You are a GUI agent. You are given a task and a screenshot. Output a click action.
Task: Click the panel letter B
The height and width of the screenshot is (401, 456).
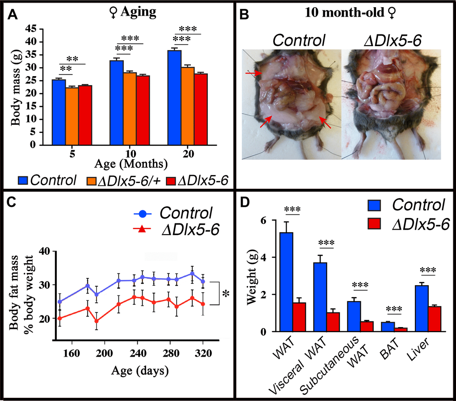tap(245, 13)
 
